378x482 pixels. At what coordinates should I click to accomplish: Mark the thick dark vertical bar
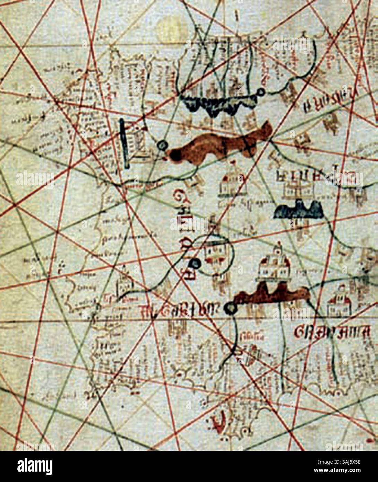(x=124, y=144)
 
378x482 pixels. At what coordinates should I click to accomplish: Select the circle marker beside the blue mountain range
(x=261, y=92)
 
